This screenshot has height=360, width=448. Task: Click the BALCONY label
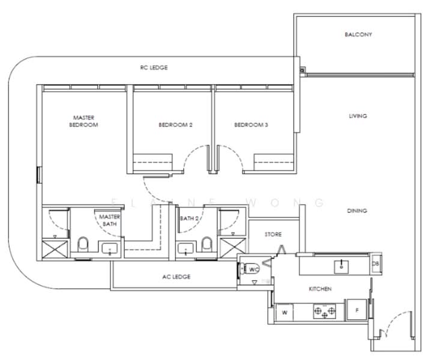(359, 35)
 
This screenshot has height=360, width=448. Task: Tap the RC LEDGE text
(154, 68)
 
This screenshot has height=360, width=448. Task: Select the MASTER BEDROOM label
(83, 121)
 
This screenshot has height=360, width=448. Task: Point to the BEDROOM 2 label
(175, 125)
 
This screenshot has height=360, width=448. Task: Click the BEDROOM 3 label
(251, 125)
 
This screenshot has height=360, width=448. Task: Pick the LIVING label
(358, 116)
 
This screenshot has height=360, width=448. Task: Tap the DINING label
(357, 211)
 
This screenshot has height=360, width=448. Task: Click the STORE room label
(273, 235)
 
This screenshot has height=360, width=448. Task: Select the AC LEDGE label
(177, 277)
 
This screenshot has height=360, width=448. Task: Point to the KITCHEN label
(320, 289)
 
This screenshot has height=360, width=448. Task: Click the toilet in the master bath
(83, 244)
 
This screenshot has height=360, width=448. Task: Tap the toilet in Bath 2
(207, 244)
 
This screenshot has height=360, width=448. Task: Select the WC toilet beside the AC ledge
(250, 269)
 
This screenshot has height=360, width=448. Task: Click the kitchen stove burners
(324, 311)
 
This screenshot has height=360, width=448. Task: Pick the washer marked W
(285, 313)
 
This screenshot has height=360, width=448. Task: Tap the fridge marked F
(357, 310)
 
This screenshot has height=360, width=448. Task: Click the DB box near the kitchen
(376, 264)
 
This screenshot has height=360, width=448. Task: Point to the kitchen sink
(341, 267)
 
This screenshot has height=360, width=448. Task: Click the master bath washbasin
(110, 248)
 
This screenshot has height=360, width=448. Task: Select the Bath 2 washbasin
(186, 248)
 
